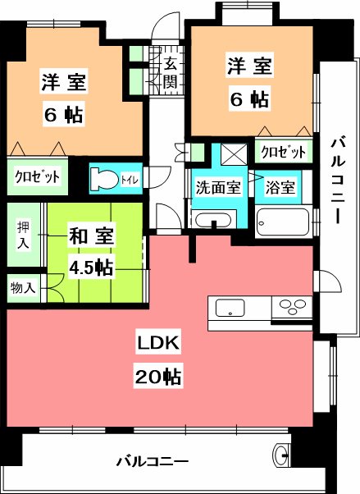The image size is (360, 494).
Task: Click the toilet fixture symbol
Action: (x=103, y=177)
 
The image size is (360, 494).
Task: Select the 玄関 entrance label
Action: (x=171, y=72)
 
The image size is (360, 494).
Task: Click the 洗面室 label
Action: (x=217, y=185)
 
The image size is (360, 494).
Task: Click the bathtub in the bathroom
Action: (x=283, y=220)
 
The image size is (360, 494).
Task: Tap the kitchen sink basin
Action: (x=230, y=309)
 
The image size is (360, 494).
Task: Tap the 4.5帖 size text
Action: (x=92, y=268)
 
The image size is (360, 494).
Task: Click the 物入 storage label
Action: (x=21, y=288)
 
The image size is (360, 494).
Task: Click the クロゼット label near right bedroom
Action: (x=284, y=153)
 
